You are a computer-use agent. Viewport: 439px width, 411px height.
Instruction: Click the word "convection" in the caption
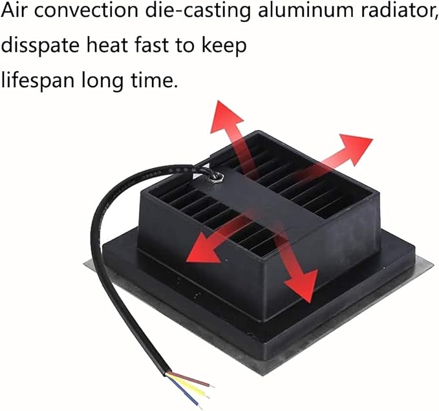[x=86, y=10]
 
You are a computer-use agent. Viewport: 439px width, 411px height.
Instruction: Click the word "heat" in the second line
[x=107, y=45]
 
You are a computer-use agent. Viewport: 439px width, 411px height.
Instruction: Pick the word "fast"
[x=152, y=45]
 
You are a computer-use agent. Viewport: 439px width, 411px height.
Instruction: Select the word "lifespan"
[x=38, y=81]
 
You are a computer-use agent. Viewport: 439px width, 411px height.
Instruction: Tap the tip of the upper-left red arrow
[x=219, y=101]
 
